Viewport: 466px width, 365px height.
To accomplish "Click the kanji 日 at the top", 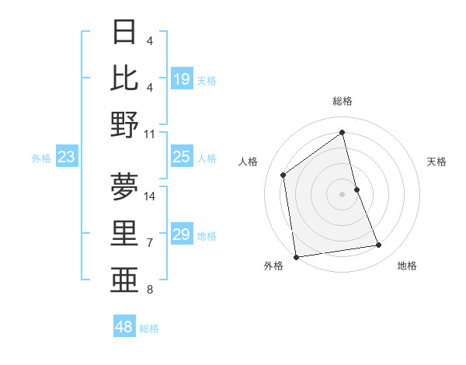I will pyautogui.click(x=125, y=33).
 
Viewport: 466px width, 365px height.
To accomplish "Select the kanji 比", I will pyautogui.click(x=125, y=78).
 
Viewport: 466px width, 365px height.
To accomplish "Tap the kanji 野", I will pyautogui.click(x=125, y=124).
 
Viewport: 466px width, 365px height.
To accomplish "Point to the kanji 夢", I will pyautogui.click(x=125, y=186).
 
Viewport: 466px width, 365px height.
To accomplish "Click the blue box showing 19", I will pyautogui.click(x=182, y=79).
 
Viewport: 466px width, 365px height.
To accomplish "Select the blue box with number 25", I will pyautogui.click(x=182, y=158).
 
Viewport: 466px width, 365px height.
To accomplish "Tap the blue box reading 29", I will pyautogui.click(x=182, y=235).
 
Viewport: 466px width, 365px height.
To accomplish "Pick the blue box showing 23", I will pyautogui.click(x=67, y=158).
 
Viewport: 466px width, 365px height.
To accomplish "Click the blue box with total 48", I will pyautogui.click(x=124, y=327).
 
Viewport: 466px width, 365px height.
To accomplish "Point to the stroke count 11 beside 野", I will pyautogui.click(x=150, y=134).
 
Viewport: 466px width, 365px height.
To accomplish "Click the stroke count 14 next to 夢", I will pyautogui.click(x=150, y=196).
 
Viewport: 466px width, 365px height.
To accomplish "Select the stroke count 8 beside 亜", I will pyautogui.click(x=150, y=290).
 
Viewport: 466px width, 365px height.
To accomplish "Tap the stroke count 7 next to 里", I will pyautogui.click(x=150, y=243).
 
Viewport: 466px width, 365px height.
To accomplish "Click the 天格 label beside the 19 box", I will pyautogui.click(x=207, y=80).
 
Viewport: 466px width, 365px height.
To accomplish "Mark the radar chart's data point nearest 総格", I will pyautogui.click(x=342, y=132).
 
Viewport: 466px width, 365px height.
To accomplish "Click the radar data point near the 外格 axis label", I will pyautogui.click(x=296, y=257).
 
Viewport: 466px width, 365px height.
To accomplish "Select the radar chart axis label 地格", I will pyautogui.click(x=407, y=266).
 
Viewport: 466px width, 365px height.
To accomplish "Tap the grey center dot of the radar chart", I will pyautogui.click(x=342, y=193).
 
